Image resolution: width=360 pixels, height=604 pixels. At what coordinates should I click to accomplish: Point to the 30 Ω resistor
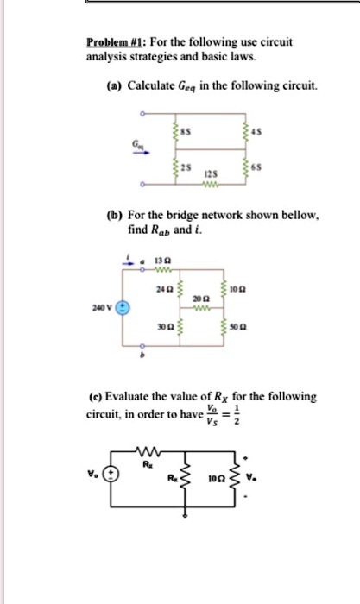click(178, 329)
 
